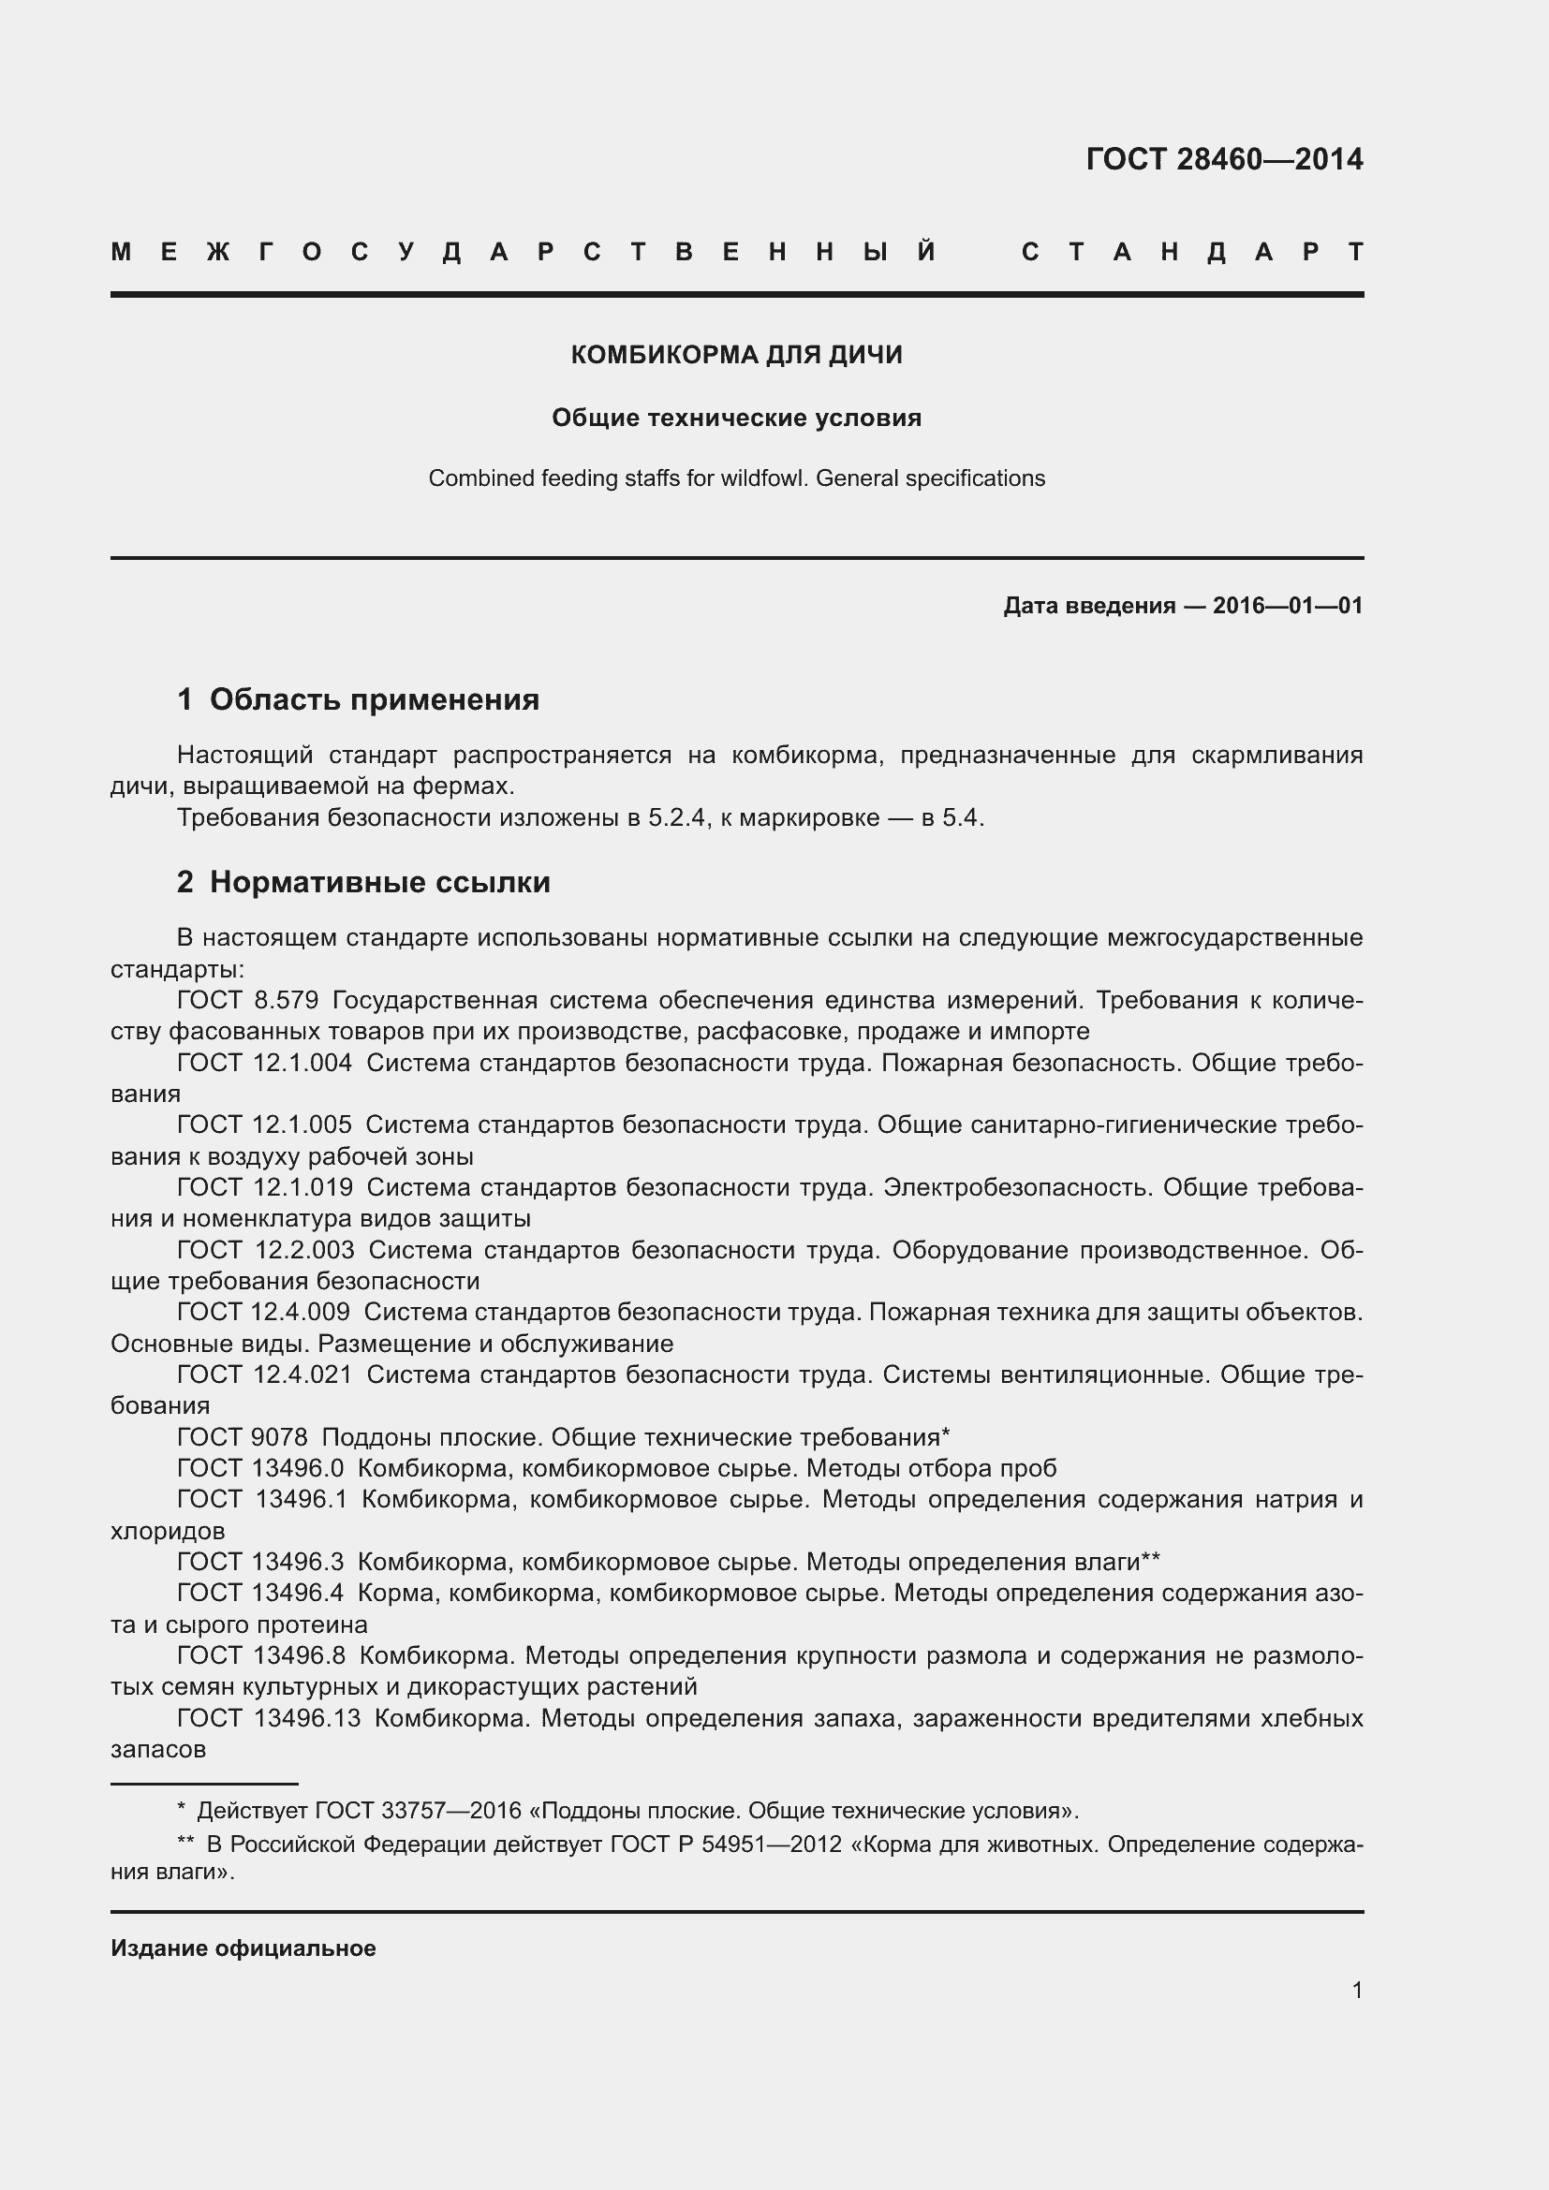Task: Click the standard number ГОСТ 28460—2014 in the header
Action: pos(1224,159)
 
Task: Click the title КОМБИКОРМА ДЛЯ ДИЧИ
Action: pos(736,355)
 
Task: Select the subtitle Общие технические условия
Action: pos(736,418)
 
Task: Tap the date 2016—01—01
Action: pos(1287,606)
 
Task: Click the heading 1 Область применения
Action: pos(358,699)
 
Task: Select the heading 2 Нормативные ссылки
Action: pos(363,881)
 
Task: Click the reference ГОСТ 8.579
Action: pos(247,1001)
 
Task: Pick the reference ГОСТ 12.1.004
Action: pos(264,1063)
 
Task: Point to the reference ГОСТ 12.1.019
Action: pos(264,1187)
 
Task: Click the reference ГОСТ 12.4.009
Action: pos(263,1313)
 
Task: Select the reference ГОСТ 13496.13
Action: pos(269,1719)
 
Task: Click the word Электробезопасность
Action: pos(1016,1187)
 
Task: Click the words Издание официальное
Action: pos(243,1947)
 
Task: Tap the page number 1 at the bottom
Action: pos(1356,1990)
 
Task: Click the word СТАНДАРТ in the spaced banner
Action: pos(1192,252)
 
